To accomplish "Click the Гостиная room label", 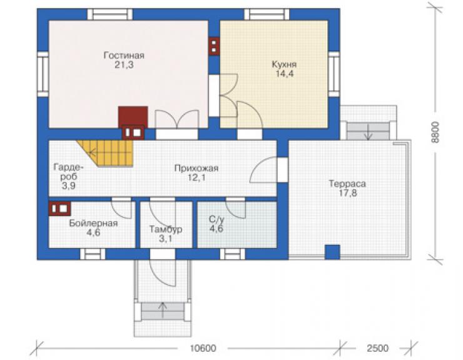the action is (x=124, y=55).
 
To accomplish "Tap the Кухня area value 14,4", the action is (x=285, y=74).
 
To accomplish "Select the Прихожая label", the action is (x=196, y=168).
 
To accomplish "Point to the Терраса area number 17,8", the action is (x=347, y=193).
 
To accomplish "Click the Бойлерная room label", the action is (x=93, y=223).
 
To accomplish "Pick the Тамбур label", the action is (x=166, y=229).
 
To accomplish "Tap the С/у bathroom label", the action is (x=216, y=219).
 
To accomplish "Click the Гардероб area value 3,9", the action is (x=68, y=186).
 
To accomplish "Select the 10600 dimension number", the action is (x=203, y=348).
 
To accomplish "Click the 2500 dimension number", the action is (x=378, y=348).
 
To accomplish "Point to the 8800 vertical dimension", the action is (x=435, y=132).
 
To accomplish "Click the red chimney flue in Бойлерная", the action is (x=59, y=208).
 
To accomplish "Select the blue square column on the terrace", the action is (x=332, y=252).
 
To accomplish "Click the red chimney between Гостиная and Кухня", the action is (x=214, y=46).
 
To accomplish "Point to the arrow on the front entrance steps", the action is (x=162, y=310).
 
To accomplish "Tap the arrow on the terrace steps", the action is (x=368, y=132).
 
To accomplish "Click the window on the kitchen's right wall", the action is (x=334, y=74).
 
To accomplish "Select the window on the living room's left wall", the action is (x=43, y=74).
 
